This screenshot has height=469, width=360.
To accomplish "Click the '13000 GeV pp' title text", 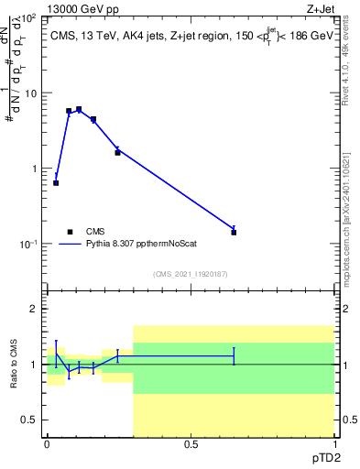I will click(x=87, y=8).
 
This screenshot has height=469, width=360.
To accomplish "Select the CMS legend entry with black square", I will click(x=71, y=232).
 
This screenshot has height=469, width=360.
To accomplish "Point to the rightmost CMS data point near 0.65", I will click(x=234, y=232).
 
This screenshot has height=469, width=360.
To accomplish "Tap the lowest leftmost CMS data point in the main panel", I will click(x=56, y=182).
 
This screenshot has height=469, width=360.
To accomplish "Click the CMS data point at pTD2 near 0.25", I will click(x=117, y=152).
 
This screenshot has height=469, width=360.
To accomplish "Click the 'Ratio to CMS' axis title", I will click(x=14, y=365).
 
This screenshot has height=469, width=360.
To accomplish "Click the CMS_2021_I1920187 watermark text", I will click(x=190, y=274).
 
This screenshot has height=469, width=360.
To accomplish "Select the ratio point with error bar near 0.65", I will click(x=234, y=355).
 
